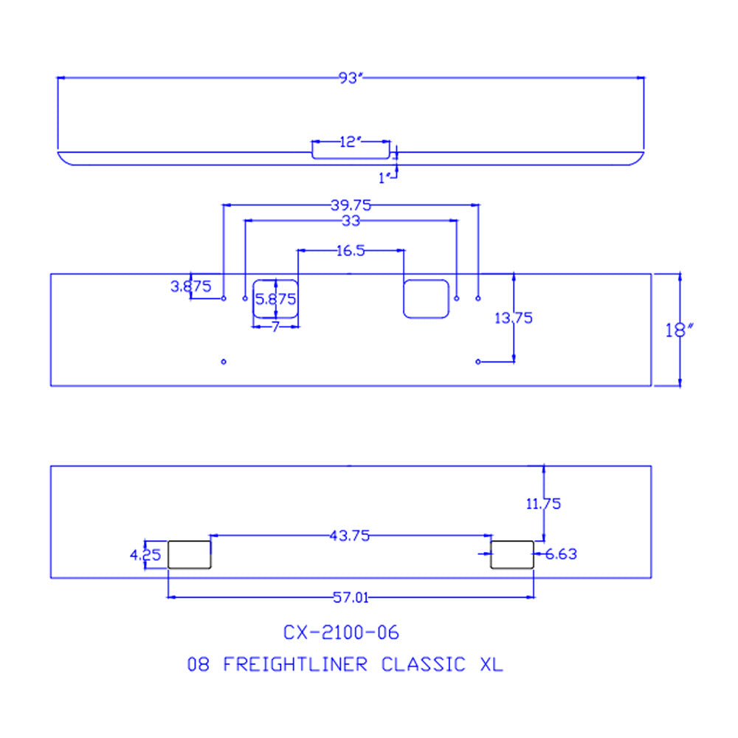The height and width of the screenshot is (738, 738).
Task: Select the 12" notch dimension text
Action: pyautogui.click(x=349, y=142)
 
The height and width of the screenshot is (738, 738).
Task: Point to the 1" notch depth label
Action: pyautogui.click(x=384, y=177)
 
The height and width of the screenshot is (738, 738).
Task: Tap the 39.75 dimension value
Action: pyautogui.click(x=351, y=205)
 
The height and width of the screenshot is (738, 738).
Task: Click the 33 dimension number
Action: pyautogui.click(x=351, y=221)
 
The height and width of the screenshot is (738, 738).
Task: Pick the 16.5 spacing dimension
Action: pyautogui.click(x=350, y=251)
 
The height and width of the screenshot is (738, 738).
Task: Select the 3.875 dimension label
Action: pyautogui.click(x=191, y=286)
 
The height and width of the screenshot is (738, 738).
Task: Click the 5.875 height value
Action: pyautogui.click(x=275, y=299)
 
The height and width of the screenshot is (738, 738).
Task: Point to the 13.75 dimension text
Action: pyautogui.click(x=514, y=318)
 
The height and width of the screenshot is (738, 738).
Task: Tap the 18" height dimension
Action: pyautogui.click(x=677, y=330)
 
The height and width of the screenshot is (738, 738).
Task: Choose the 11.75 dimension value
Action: pyautogui.click(x=543, y=504)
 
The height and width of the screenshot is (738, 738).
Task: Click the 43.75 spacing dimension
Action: pyautogui.click(x=350, y=536)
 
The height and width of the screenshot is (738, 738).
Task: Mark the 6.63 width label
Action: pyautogui.click(x=561, y=553)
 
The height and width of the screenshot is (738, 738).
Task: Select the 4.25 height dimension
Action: pyautogui.click(x=145, y=555)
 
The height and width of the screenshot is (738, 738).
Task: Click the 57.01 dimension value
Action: pyautogui.click(x=351, y=598)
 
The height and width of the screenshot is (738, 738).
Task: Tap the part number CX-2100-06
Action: pyautogui.click(x=341, y=632)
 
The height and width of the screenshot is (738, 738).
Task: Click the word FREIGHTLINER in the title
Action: pyautogui.click(x=294, y=664)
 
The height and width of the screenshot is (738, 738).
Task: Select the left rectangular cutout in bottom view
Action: pyautogui.click(x=190, y=554)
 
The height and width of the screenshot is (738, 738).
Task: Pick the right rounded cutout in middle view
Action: pyautogui.click(x=426, y=299)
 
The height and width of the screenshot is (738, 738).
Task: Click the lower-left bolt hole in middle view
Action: pyautogui.click(x=224, y=362)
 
